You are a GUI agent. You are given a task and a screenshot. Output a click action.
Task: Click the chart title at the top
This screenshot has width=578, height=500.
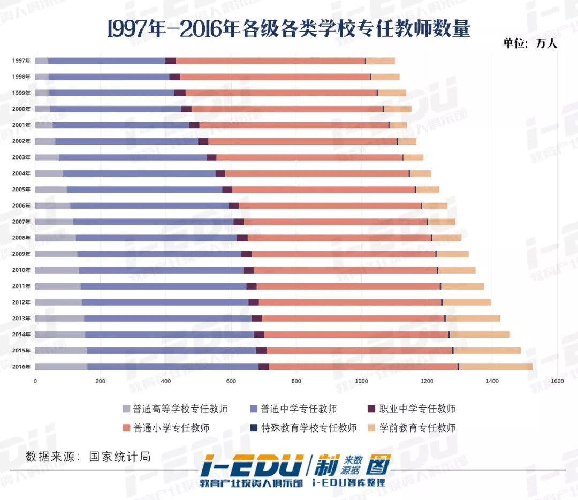click(x=288, y=29)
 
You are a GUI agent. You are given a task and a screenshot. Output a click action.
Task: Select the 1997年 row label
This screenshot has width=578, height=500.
click(x=21, y=60)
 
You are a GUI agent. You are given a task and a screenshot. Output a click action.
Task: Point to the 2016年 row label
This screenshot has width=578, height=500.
click(x=21, y=367)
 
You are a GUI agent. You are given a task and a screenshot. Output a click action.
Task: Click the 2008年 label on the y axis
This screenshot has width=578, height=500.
click(x=21, y=238)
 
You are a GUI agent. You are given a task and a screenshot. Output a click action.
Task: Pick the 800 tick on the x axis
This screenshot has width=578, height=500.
click(x=296, y=381)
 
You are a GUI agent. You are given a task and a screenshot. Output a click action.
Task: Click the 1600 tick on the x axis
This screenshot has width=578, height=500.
click(x=557, y=381)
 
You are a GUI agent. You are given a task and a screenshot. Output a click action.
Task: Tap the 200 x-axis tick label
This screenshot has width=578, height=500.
click(x=100, y=381)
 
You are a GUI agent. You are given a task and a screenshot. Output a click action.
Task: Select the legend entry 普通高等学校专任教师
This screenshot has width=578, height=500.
click(x=176, y=409)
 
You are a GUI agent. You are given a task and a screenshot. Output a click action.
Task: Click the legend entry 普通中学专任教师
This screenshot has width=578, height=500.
click(x=293, y=409)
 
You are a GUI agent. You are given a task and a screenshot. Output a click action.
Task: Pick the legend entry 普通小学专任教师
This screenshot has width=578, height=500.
click(x=166, y=428)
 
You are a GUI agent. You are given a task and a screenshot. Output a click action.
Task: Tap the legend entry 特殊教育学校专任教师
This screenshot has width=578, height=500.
click(x=303, y=428)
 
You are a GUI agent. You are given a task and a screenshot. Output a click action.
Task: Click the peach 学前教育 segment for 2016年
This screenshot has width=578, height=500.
click(x=496, y=367)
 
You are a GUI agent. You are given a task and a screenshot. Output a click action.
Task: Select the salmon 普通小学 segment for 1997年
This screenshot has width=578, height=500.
click(x=270, y=60)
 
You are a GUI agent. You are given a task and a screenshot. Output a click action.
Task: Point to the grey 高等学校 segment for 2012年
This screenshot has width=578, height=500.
click(x=58, y=302)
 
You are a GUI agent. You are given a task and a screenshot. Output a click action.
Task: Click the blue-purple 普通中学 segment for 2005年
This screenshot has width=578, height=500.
click(x=144, y=190)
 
